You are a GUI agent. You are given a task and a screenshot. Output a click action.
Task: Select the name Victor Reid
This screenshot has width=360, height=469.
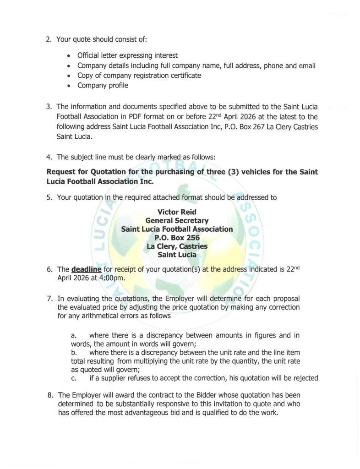tap(177, 212)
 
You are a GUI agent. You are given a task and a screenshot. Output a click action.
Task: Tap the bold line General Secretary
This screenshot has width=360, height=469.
tap(177, 221)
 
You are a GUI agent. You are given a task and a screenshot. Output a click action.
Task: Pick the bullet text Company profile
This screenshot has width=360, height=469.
tap(103, 85)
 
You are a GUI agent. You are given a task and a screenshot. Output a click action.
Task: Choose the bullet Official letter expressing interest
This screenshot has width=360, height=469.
tap(127, 55)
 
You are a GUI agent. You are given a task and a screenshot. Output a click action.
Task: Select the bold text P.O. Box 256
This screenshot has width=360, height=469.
tap(177, 238)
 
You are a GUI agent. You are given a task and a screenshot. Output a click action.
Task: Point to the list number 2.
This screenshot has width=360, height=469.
tap(49, 39)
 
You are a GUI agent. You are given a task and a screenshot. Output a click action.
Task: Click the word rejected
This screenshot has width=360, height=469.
tap(304, 378)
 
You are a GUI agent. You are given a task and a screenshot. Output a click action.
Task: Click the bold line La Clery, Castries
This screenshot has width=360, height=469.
tap(177, 246)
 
